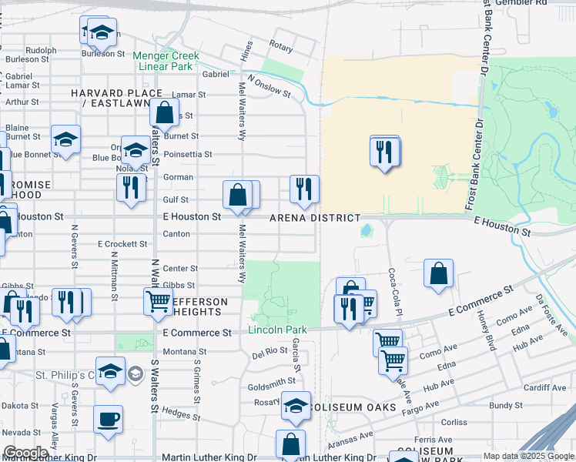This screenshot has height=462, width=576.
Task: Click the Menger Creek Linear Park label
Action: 166,61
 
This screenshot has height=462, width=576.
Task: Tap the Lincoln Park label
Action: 277,330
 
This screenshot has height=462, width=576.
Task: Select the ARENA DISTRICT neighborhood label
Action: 314,219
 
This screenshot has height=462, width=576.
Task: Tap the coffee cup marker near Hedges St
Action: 108,420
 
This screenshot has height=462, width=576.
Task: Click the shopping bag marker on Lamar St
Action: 164,113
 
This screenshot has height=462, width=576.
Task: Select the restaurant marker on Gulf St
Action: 131,187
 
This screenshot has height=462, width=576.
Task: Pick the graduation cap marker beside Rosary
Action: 296,405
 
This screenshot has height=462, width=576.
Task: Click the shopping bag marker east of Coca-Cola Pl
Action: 438,273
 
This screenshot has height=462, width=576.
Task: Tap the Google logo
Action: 25,453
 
